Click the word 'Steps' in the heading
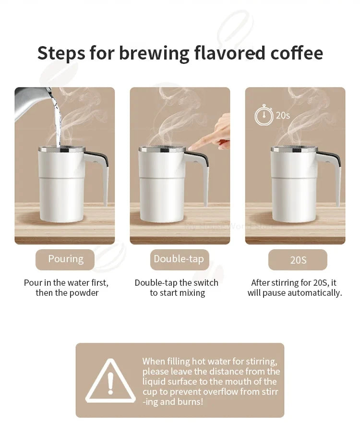pos(61,53)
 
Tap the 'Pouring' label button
pos(65,259)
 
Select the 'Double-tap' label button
pos(179,259)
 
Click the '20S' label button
pos(298,260)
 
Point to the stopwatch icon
pos(264,116)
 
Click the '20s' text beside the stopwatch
pos(283,116)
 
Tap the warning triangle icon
pos(110,382)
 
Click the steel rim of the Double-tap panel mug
pos(162,149)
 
